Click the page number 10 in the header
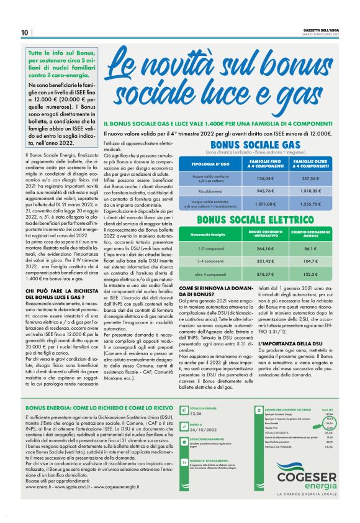coord(24,32)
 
